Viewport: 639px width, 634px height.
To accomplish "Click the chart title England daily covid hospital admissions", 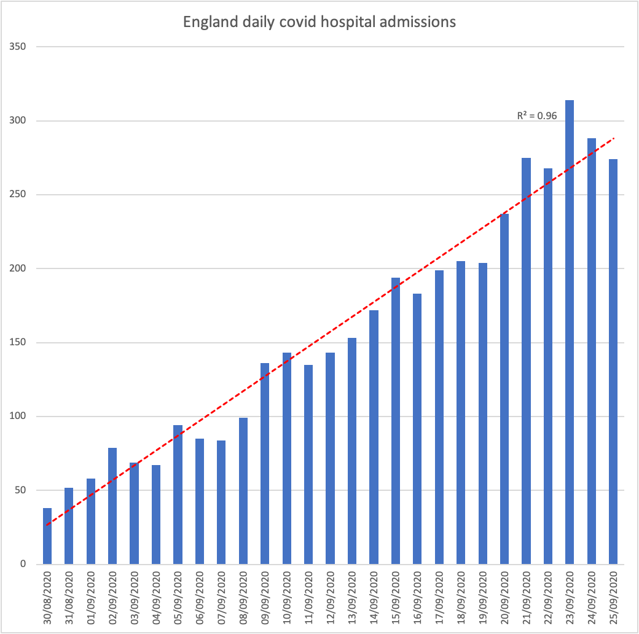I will [319, 22].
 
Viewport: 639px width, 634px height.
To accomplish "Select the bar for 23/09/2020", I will [570, 332].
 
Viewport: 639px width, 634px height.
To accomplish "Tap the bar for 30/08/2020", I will [47, 536].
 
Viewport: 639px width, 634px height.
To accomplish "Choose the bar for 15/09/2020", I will [396, 421].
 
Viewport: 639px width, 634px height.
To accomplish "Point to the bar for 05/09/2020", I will [178, 495].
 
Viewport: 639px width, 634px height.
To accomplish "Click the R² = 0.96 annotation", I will [536, 114].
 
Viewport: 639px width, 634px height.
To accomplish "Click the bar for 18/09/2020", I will [461, 412].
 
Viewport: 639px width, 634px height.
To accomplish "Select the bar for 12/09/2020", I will [330, 458].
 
